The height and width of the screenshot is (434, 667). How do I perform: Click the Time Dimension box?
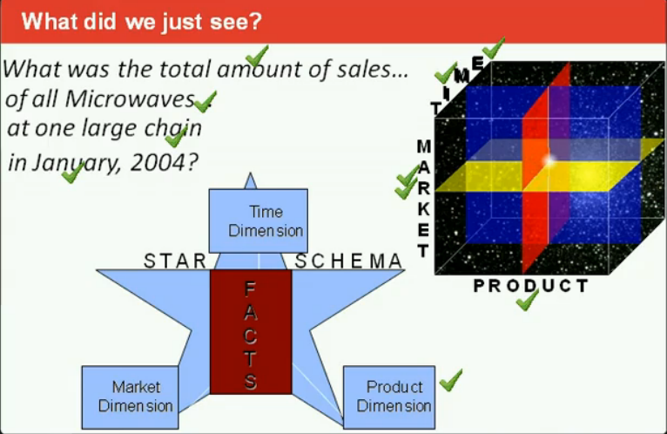[259, 220]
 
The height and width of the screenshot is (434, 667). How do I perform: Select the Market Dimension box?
[129, 396]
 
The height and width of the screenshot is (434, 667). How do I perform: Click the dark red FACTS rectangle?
[251, 331]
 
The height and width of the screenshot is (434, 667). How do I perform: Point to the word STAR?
[175, 261]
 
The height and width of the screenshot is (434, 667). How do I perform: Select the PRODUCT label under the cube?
[530, 286]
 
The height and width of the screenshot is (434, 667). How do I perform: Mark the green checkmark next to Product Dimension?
[450, 380]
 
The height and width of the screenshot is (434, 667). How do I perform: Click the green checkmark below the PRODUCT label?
[527, 301]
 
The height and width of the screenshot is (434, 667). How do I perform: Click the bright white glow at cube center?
[548, 159]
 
